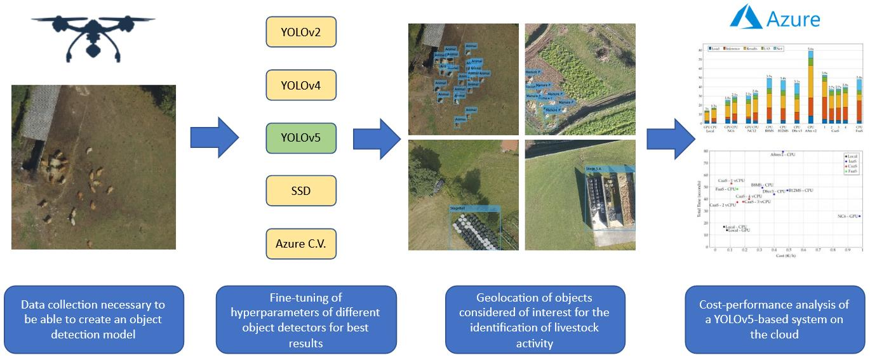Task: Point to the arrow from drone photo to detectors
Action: coord(214,137)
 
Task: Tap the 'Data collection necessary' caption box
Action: coord(93,319)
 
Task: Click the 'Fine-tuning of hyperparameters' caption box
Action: coord(306,319)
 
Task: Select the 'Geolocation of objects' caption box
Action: coord(535,319)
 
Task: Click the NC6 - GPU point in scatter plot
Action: coord(859,217)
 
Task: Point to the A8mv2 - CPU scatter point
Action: coord(783,152)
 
